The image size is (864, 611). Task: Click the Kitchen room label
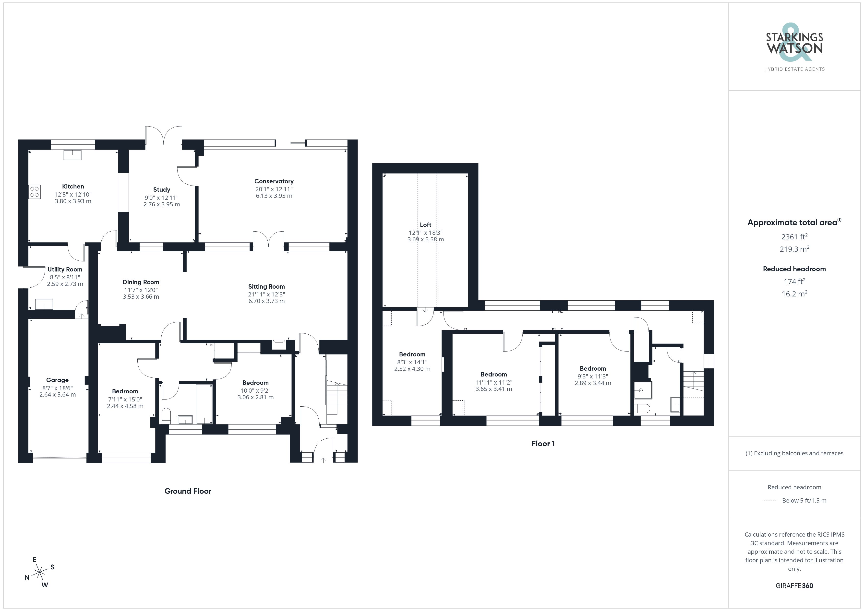(73, 186)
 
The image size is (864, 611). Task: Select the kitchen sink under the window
(72, 155)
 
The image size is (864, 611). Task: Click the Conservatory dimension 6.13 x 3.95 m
(274, 196)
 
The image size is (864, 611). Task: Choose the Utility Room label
(65, 269)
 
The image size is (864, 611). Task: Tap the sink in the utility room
(44, 304)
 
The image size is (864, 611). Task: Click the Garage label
(57, 380)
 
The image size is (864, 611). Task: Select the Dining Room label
(141, 282)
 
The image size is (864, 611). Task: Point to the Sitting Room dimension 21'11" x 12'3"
(266, 294)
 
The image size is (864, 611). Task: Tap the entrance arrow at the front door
(323, 460)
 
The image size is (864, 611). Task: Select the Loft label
(426, 225)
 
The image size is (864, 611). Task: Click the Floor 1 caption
(543, 444)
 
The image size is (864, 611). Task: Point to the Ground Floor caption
(188, 491)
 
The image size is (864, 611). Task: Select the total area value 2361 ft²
(794, 237)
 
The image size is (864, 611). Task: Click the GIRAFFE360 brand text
(794, 586)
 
